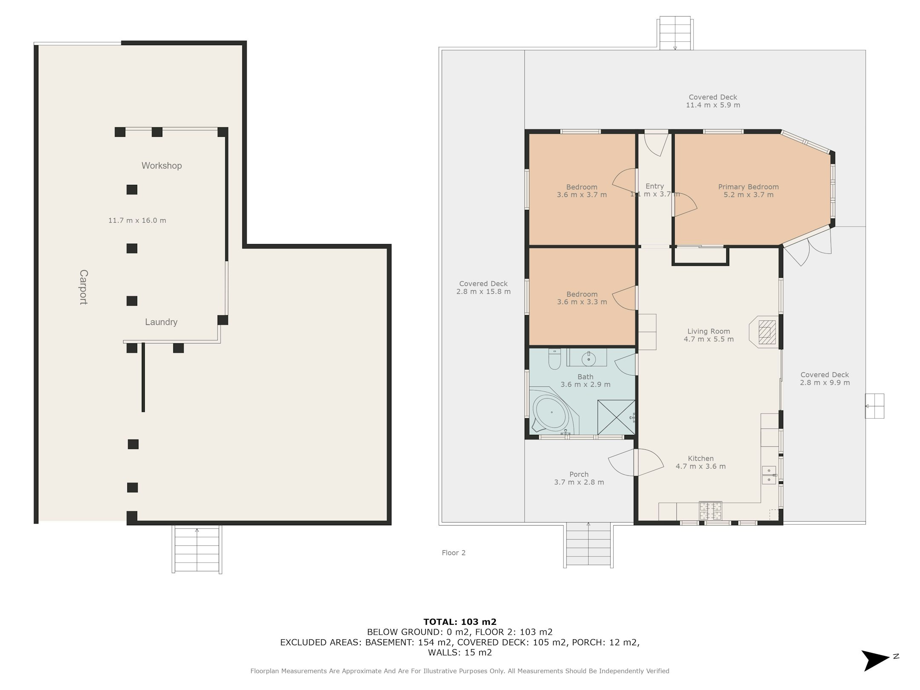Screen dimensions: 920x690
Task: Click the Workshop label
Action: [161, 166]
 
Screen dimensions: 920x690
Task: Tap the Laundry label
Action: [161, 322]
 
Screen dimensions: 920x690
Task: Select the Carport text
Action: [83, 287]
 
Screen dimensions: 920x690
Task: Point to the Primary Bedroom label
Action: [748, 187]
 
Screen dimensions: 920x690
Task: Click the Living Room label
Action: [709, 331]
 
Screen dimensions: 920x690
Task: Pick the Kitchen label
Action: [701, 458]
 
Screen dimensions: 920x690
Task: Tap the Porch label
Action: [579, 474]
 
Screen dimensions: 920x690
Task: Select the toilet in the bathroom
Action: [554, 359]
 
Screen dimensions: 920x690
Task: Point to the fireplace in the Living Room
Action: [765, 332]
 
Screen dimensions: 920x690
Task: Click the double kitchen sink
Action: [769, 475]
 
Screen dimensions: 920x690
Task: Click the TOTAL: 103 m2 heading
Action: [460, 622]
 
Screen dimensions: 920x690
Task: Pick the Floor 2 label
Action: [454, 553]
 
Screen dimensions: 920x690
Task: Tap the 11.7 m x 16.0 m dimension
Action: [137, 220]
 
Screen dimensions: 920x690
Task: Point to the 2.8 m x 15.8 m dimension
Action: [483, 292]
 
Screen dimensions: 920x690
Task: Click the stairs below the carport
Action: [197, 549]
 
